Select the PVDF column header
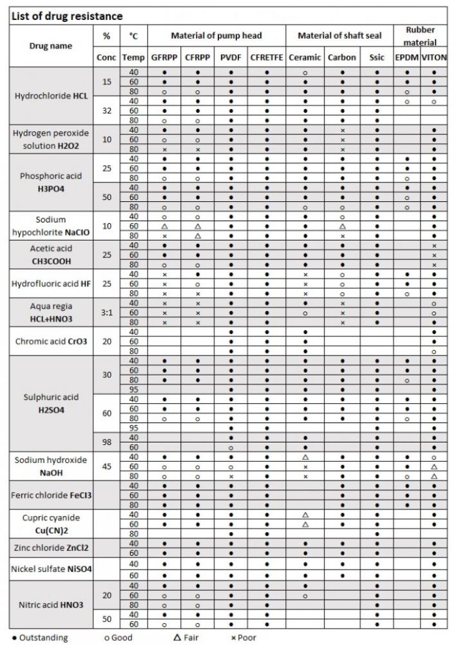click(x=231, y=57)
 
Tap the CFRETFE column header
click(x=266, y=57)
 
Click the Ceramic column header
click(x=305, y=57)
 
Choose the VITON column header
click(x=434, y=57)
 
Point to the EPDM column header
click(x=407, y=57)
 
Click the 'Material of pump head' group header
click(x=216, y=35)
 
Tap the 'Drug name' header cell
click(x=51, y=46)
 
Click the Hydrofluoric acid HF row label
click(x=51, y=284)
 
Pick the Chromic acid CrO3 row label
click(x=51, y=341)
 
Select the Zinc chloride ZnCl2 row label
click(x=51, y=548)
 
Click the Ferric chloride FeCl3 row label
click(x=51, y=495)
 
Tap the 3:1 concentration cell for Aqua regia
click(x=107, y=313)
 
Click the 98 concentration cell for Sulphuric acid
click(x=107, y=442)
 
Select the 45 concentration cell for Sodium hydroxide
click(x=107, y=466)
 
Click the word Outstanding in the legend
click(x=42, y=638)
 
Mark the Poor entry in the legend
click(x=244, y=638)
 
